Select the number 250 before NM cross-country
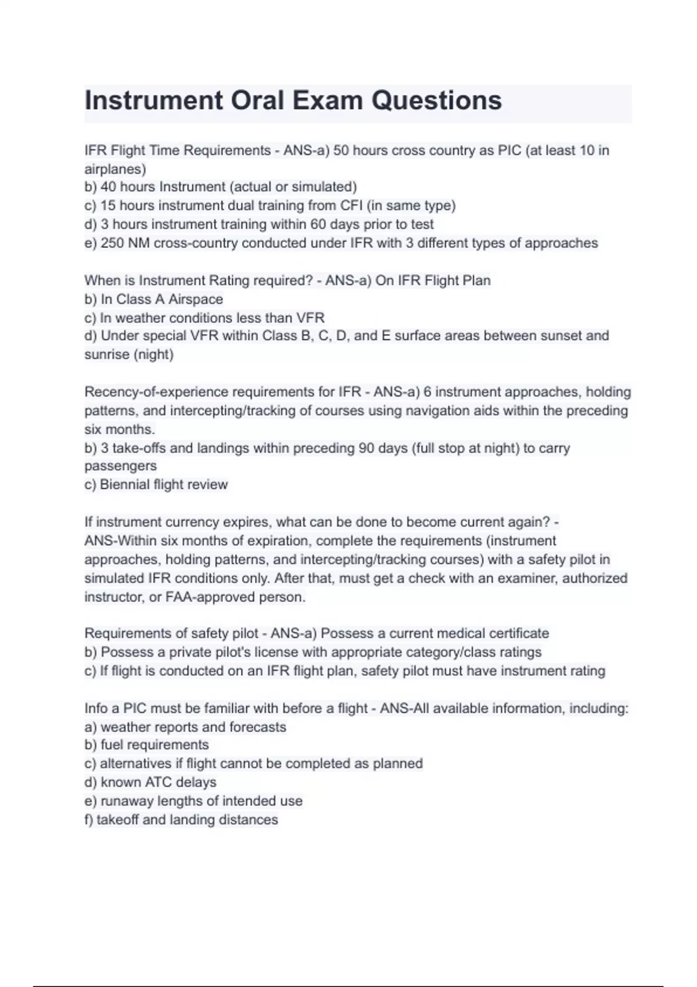click(x=112, y=243)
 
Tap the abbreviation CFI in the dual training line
click(x=351, y=206)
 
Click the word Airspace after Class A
click(x=196, y=299)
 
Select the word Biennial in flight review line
click(x=124, y=484)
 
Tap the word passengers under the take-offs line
click(x=120, y=466)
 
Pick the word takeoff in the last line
click(x=117, y=820)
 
